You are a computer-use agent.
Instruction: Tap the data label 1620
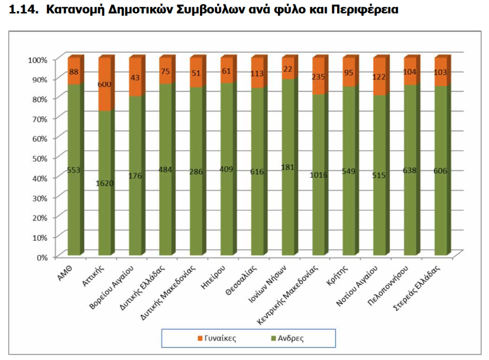pos(104,182)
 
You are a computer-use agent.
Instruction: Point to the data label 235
pos(319,77)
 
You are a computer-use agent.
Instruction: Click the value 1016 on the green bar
pos(319,175)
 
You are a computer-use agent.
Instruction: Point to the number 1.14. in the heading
pos(25,11)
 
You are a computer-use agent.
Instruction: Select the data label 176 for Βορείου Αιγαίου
pos(135,176)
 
